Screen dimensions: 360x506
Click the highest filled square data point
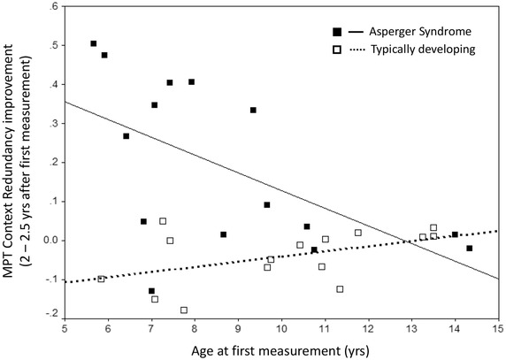pyautogui.click(x=94, y=43)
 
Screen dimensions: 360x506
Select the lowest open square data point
pyautogui.click(x=184, y=310)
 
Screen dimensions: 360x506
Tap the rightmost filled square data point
pyautogui.click(x=470, y=249)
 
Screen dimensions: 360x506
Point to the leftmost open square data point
pyautogui.click(x=101, y=279)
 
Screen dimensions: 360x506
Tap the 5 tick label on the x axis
pyautogui.click(x=65, y=328)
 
